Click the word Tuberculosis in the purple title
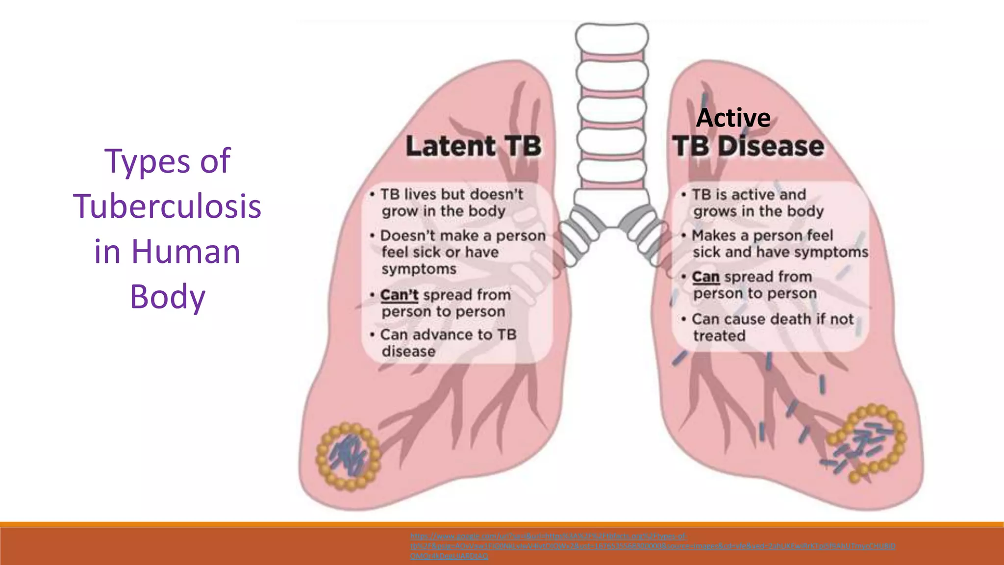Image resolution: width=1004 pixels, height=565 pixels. (167, 206)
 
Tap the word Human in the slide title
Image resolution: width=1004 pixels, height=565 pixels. (186, 252)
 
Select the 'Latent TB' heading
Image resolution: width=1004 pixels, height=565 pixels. (473, 146)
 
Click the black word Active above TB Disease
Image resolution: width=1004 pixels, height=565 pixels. (733, 118)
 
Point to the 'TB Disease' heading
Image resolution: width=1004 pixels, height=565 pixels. (748, 146)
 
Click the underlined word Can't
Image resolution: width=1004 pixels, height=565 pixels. (399, 295)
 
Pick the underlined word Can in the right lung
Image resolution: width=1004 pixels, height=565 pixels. (705, 277)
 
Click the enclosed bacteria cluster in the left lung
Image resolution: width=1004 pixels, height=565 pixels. (349, 457)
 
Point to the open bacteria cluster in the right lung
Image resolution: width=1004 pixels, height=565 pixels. (866, 443)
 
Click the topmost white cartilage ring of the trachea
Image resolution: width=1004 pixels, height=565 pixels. (611, 38)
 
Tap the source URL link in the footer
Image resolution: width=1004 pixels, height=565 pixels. (652, 546)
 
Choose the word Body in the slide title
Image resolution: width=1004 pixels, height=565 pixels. (167, 297)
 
